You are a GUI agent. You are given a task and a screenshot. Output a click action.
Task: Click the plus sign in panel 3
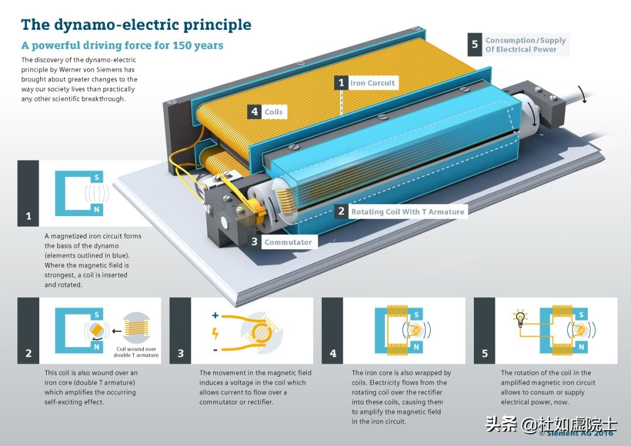point(215,315)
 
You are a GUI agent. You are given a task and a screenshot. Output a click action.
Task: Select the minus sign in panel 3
point(215,350)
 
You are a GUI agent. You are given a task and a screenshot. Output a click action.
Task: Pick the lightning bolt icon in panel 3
point(215,333)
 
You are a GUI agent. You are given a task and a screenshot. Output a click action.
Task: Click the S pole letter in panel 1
point(96,177)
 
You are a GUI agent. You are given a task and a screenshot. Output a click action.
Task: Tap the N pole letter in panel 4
point(416,347)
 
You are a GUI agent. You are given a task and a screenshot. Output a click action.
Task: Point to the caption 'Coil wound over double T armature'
point(136,352)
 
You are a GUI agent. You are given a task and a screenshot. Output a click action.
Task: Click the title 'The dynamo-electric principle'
point(136,25)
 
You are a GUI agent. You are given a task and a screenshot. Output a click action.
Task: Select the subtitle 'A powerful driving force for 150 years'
point(122,45)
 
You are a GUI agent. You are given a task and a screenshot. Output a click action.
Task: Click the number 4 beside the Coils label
point(254,111)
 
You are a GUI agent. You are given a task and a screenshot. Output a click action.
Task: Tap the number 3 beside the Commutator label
point(254,242)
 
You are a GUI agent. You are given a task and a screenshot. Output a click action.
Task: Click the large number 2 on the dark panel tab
point(29,354)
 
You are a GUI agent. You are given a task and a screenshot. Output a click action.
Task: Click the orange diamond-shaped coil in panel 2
point(96,330)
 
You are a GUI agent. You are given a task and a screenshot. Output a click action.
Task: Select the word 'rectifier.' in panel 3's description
point(258,402)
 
